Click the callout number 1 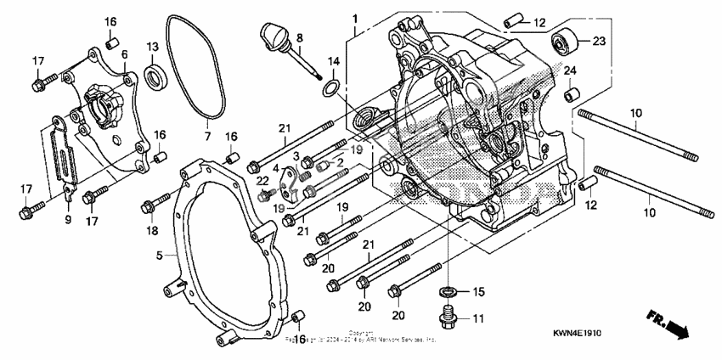pos(355,17)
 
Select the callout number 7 pos(206,136)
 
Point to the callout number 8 pos(298,38)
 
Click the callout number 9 pos(68,219)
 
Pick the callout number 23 pos(599,40)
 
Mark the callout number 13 pos(152,46)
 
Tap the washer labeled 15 pos(447,293)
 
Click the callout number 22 pos(263,180)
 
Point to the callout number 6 pos(124,53)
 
